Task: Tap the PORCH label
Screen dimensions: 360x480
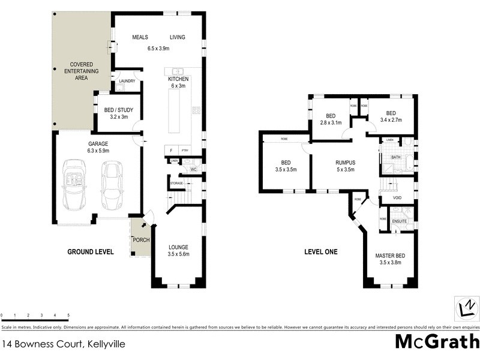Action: tap(141, 241)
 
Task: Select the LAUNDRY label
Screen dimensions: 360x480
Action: tap(127, 81)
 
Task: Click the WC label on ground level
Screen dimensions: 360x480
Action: tap(193, 170)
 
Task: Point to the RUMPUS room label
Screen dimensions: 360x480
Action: tap(346, 162)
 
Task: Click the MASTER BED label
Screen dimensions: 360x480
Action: tap(390, 256)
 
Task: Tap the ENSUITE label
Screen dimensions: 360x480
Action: tap(400, 221)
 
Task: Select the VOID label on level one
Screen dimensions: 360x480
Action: tap(397, 197)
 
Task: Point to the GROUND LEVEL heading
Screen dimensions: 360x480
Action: tap(91, 252)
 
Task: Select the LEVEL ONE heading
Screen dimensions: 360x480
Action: tap(320, 252)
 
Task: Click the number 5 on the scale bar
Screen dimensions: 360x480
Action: tap(68, 315)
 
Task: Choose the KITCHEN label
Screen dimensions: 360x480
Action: tap(178, 79)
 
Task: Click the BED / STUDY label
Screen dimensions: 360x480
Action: tap(118, 110)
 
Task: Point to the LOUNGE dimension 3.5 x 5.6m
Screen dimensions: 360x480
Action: tap(178, 254)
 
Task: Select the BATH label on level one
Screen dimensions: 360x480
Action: tap(395, 158)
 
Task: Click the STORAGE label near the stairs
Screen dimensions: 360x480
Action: tap(176, 184)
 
